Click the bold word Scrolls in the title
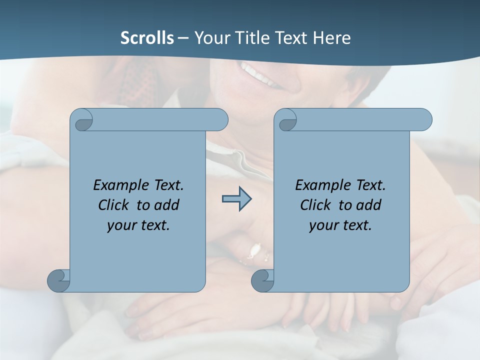coord(147,38)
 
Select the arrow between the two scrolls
coord(236,199)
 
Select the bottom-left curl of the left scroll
coord(58,280)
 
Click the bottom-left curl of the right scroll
coord(262,280)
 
